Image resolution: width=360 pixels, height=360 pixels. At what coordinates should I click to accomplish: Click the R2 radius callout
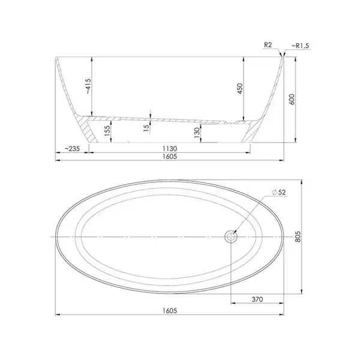pyautogui.click(x=268, y=45)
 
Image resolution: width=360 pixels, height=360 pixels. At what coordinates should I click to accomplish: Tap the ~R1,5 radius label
pyautogui.click(x=301, y=46)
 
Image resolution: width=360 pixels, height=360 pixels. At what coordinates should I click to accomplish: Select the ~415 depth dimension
pyautogui.click(x=89, y=86)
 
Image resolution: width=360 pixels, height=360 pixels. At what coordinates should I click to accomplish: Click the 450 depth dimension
pyautogui.click(x=240, y=88)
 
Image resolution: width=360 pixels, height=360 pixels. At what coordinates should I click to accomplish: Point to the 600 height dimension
pyautogui.click(x=292, y=99)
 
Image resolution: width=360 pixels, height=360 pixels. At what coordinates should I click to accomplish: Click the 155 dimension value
pyautogui.click(x=107, y=131)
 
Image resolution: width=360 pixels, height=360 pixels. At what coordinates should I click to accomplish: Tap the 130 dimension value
pyautogui.click(x=197, y=133)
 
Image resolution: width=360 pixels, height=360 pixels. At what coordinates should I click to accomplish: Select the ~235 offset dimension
pyautogui.click(x=72, y=149)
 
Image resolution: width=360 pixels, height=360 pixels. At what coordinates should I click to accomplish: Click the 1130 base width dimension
pyautogui.click(x=169, y=149)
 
